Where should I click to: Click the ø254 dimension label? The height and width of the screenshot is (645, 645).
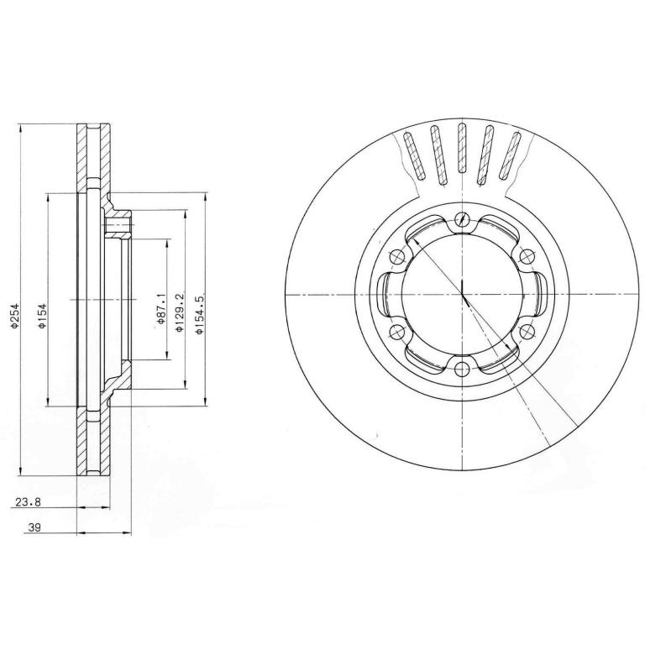15,316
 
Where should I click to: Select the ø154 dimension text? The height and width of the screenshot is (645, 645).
42,316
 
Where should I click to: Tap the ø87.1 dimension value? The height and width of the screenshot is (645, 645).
160,308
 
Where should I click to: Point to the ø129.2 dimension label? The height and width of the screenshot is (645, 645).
179,312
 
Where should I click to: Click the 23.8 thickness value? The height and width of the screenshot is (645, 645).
28,502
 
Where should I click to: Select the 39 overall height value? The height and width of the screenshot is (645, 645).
34,527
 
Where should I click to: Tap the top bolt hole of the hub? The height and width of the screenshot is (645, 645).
463,219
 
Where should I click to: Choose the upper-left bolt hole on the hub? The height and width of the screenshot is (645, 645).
397,257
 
